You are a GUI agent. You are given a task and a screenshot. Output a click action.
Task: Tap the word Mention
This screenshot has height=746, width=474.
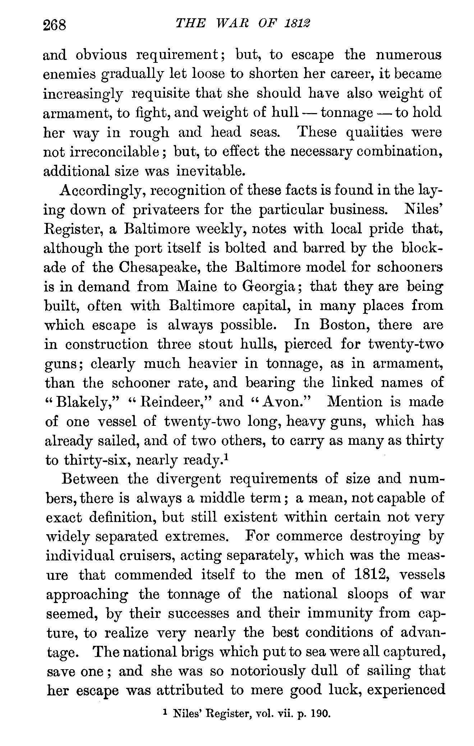(354, 402)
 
